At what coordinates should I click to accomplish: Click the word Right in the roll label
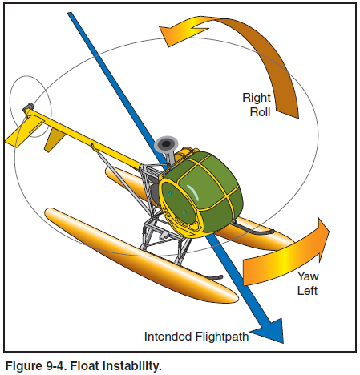(x=257, y=98)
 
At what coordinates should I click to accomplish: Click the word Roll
(x=260, y=112)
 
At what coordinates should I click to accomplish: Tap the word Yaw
(x=308, y=276)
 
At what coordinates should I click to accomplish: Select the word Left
(x=307, y=291)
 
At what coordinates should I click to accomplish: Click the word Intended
(x=168, y=337)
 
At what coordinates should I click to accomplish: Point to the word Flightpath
(x=222, y=337)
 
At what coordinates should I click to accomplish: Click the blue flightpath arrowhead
(x=270, y=331)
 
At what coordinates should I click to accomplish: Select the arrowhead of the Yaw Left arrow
(x=322, y=239)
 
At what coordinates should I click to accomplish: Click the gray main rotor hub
(x=166, y=144)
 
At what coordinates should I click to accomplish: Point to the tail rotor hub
(x=28, y=107)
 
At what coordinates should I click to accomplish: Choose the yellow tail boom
(x=86, y=138)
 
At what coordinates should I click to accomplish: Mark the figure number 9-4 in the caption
(x=56, y=366)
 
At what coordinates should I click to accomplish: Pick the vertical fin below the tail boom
(x=55, y=140)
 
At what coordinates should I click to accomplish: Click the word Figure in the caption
(x=24, y=366)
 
